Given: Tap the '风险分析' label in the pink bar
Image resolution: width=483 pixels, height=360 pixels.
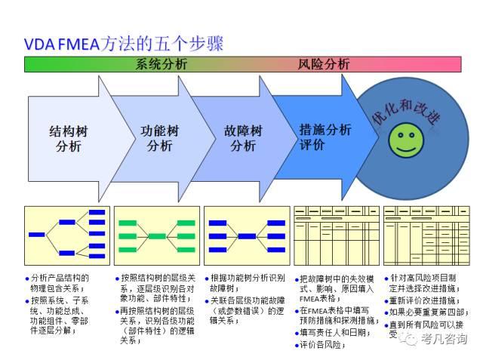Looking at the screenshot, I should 324,64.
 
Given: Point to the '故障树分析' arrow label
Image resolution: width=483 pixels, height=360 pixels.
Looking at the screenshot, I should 243,138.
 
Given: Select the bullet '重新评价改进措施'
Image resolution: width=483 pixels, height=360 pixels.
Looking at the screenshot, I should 427,300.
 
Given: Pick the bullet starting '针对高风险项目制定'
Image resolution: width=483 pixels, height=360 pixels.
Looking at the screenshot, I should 427,283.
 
